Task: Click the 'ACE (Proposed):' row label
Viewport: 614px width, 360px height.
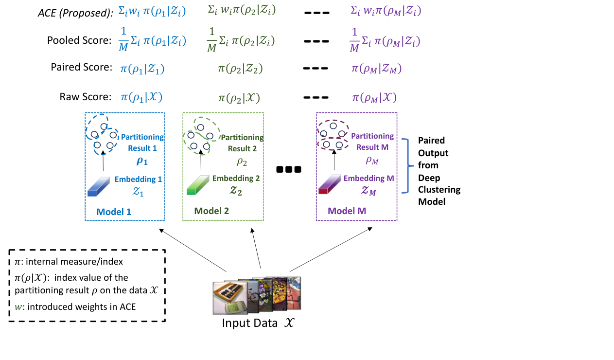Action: click(x=75, y=13)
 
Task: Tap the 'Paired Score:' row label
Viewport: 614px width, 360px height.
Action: click(x=82, y=68)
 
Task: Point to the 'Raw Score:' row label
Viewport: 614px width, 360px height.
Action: click(x=86, y=97)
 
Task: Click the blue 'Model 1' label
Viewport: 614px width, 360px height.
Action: click(x=114, y=211)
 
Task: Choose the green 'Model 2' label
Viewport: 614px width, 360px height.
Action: click(x=211, y=211)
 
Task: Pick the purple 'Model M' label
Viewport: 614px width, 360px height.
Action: click(x=347, y=211)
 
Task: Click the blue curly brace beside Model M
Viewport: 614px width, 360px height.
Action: click(x=404, y=165)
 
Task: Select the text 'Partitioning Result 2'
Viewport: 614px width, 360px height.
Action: click(x=242, y=143)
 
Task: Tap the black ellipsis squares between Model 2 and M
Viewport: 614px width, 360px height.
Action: click(x=289, y=169)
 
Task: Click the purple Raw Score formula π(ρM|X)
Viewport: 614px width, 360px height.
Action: click(x=374, y=97)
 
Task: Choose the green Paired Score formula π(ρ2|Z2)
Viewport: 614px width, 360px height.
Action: click(x=240, y=69)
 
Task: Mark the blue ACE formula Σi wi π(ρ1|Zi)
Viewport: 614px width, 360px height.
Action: click(x=152, y=12)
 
